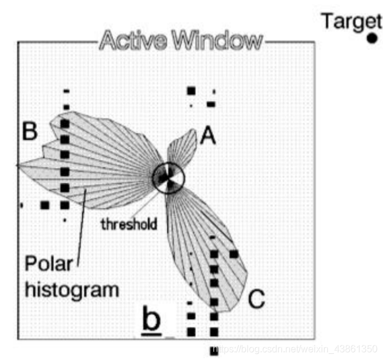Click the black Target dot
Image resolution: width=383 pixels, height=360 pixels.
(x=372, y=39)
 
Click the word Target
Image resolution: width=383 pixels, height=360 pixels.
(x=351, y=21)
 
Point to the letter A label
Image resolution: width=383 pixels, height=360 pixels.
(x=208, y=137)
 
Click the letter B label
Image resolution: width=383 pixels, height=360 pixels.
(x=30, y=131)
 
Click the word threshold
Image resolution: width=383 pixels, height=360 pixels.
(x=129, y=225)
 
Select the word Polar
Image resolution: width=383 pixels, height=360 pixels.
(x=48, y=265)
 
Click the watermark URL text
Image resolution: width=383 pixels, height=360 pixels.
(x=296, y=349)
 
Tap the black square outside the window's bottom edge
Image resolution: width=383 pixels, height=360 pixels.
(x=213, y=350)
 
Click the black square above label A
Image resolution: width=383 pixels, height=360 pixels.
(x=191, y=91)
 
